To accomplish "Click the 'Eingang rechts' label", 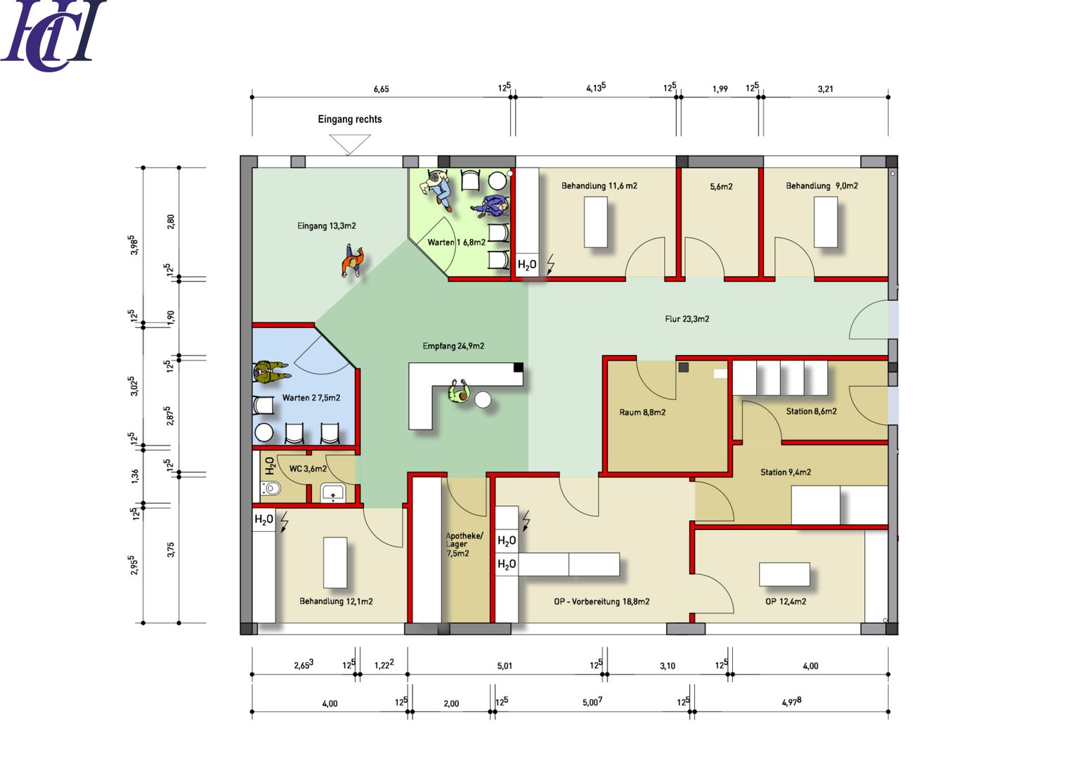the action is (x=350, y=119).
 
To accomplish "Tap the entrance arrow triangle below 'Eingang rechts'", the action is (x=350, y=145).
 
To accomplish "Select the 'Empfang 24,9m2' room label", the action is (x=453, y=346).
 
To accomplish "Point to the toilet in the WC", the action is (x=271, y=488).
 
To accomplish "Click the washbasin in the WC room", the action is (x=333, y=493).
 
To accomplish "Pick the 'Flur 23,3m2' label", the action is (x=687, y=319).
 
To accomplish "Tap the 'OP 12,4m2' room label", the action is (x=786, y=602).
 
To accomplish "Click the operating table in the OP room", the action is (x=784, y=575).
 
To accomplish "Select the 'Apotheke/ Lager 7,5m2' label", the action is (x=464, y=545).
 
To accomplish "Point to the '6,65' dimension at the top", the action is (x=382, y=89).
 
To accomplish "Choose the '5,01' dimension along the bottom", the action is (x=505, y=666).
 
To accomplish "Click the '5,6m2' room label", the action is (x=721, y=186).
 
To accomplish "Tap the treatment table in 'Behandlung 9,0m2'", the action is (x=826, y=222).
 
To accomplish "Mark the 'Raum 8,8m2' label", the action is (x=642, y=412).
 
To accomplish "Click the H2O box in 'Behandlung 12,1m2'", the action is (x=264, y=520).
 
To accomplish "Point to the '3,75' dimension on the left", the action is (x=171, y=550).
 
